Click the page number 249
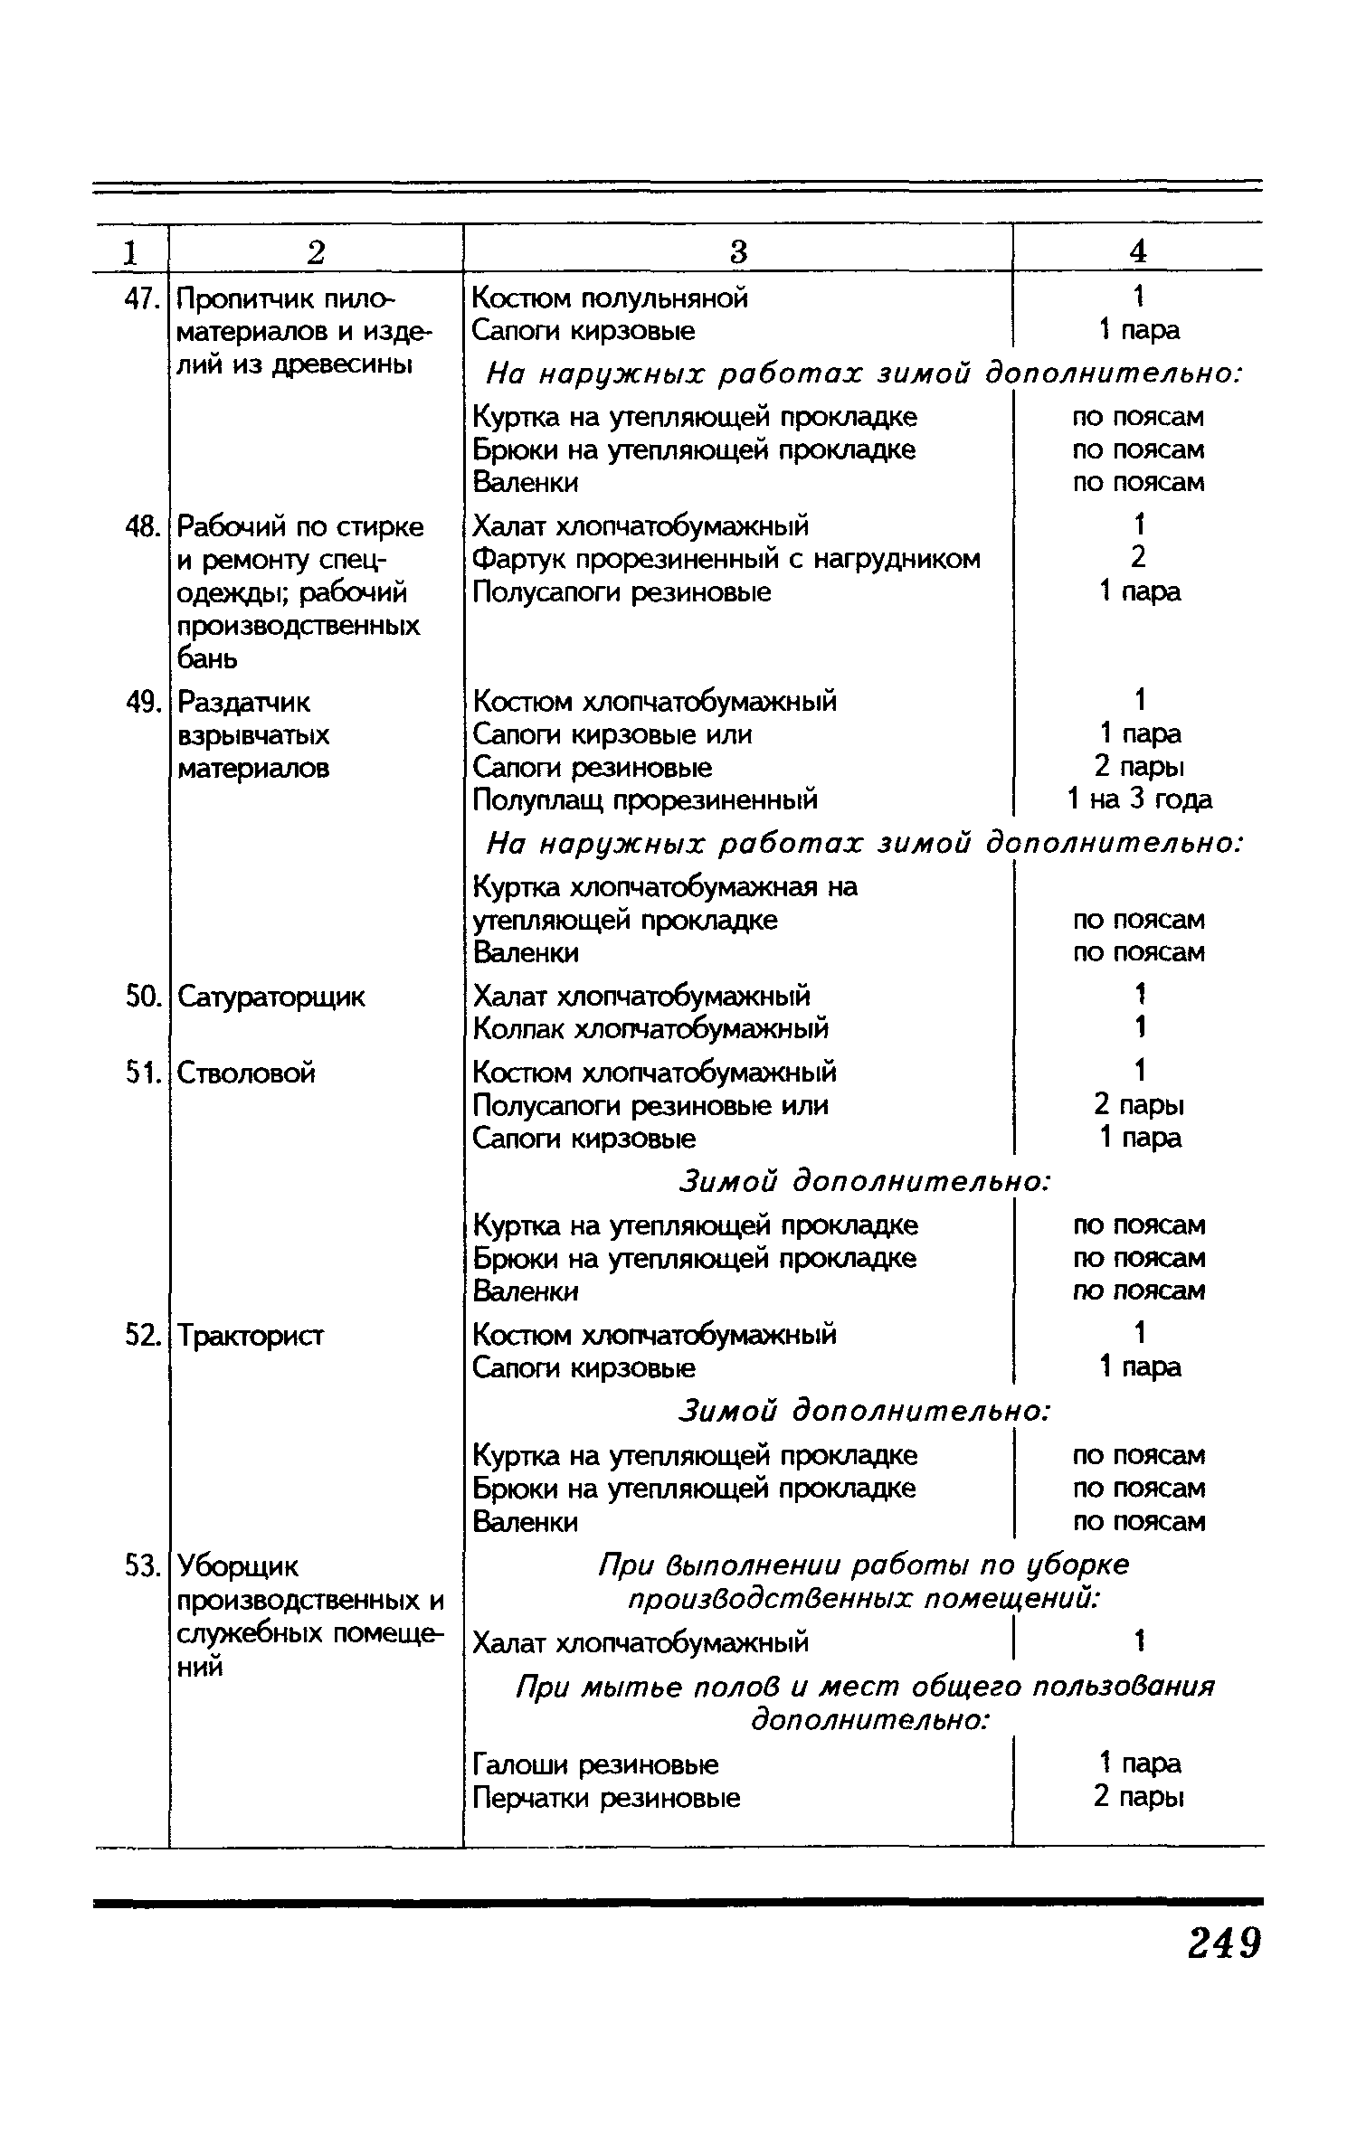click(x=1224, y=1943)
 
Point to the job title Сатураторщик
click(x=270, y=997)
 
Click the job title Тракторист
click(x=250, y=1335)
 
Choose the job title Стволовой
click(x=246, y=1073)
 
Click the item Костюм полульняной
click(x=611, y=298)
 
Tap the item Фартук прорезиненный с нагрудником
click(x=726, y=559)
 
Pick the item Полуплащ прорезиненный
click(x=645, y=799)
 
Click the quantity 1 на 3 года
click(x=1139, y=799)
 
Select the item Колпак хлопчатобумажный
click(x=650, y=1028)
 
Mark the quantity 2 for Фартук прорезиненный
click(x=1138, y=558)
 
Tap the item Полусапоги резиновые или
click(x=650, y=1105)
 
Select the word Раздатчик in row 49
click(x=243, y=702)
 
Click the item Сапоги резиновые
click(x=593, y=767)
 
